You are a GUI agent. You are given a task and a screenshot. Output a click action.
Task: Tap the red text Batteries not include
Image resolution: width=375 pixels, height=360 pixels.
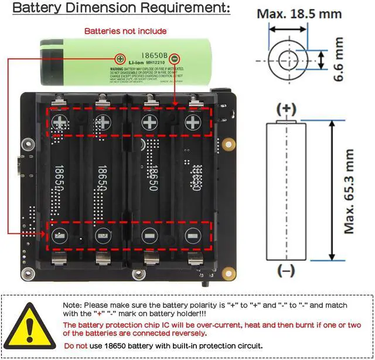tap(125, 30)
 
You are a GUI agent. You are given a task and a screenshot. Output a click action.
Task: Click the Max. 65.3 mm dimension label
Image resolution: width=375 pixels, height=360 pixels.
tap(349, 191)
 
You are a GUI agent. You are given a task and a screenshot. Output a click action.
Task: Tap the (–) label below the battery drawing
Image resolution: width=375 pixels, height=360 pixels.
tap(287, 271)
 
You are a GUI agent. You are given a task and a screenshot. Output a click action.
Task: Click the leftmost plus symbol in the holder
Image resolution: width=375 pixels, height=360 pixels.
tap(61, 122)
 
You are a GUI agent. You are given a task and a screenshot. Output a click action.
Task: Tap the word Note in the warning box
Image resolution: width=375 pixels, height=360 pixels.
tap(72, 305)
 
